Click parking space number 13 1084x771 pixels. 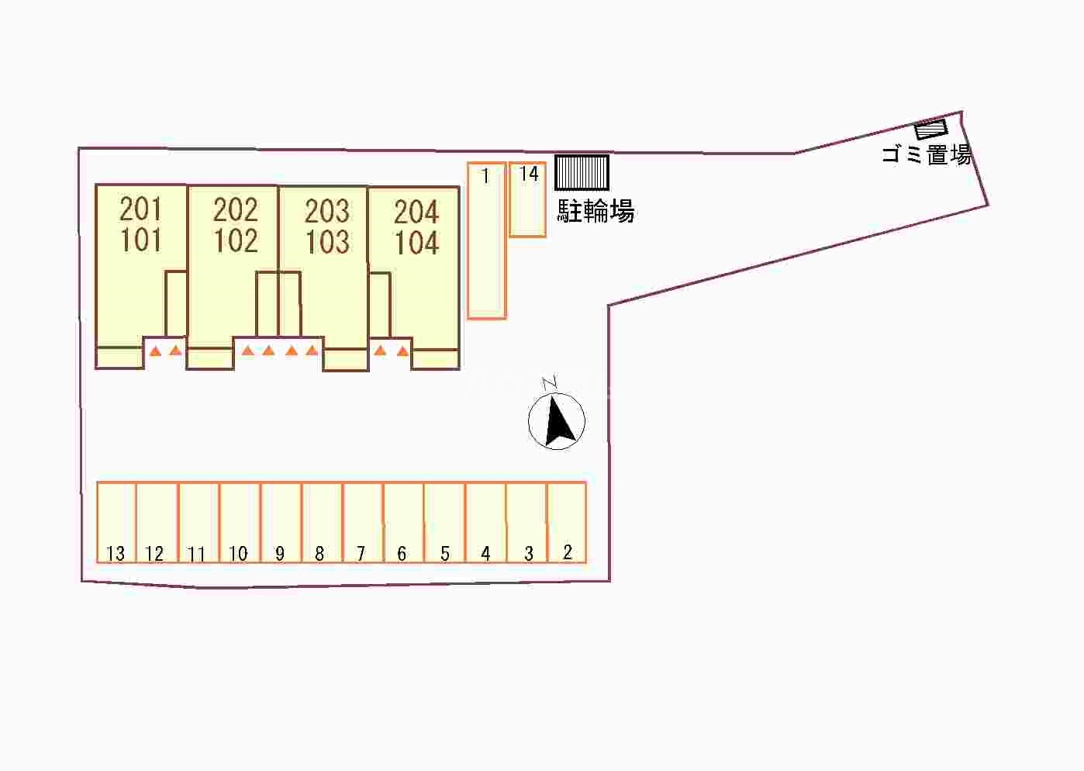[116, 522]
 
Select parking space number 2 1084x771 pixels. [567, 522]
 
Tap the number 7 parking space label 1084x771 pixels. [361, 553]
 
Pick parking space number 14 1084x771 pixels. [527, 199]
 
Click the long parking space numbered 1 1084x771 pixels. [486, 240]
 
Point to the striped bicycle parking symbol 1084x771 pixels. [582, 172]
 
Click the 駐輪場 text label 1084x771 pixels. [596, 211]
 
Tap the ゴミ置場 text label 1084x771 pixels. [926, 154]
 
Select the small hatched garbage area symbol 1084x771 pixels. [930, 130]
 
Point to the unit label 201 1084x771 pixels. [140, 209]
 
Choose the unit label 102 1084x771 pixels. [235, 241]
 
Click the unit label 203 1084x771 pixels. [326, 211]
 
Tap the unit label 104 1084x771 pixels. [416, 244]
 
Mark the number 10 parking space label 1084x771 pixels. [238, 553]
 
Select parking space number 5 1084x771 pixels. [444, 522]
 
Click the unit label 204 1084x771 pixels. [416, 212]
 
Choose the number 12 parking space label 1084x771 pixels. [154, 553]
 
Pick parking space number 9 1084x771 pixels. [281, 522]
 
